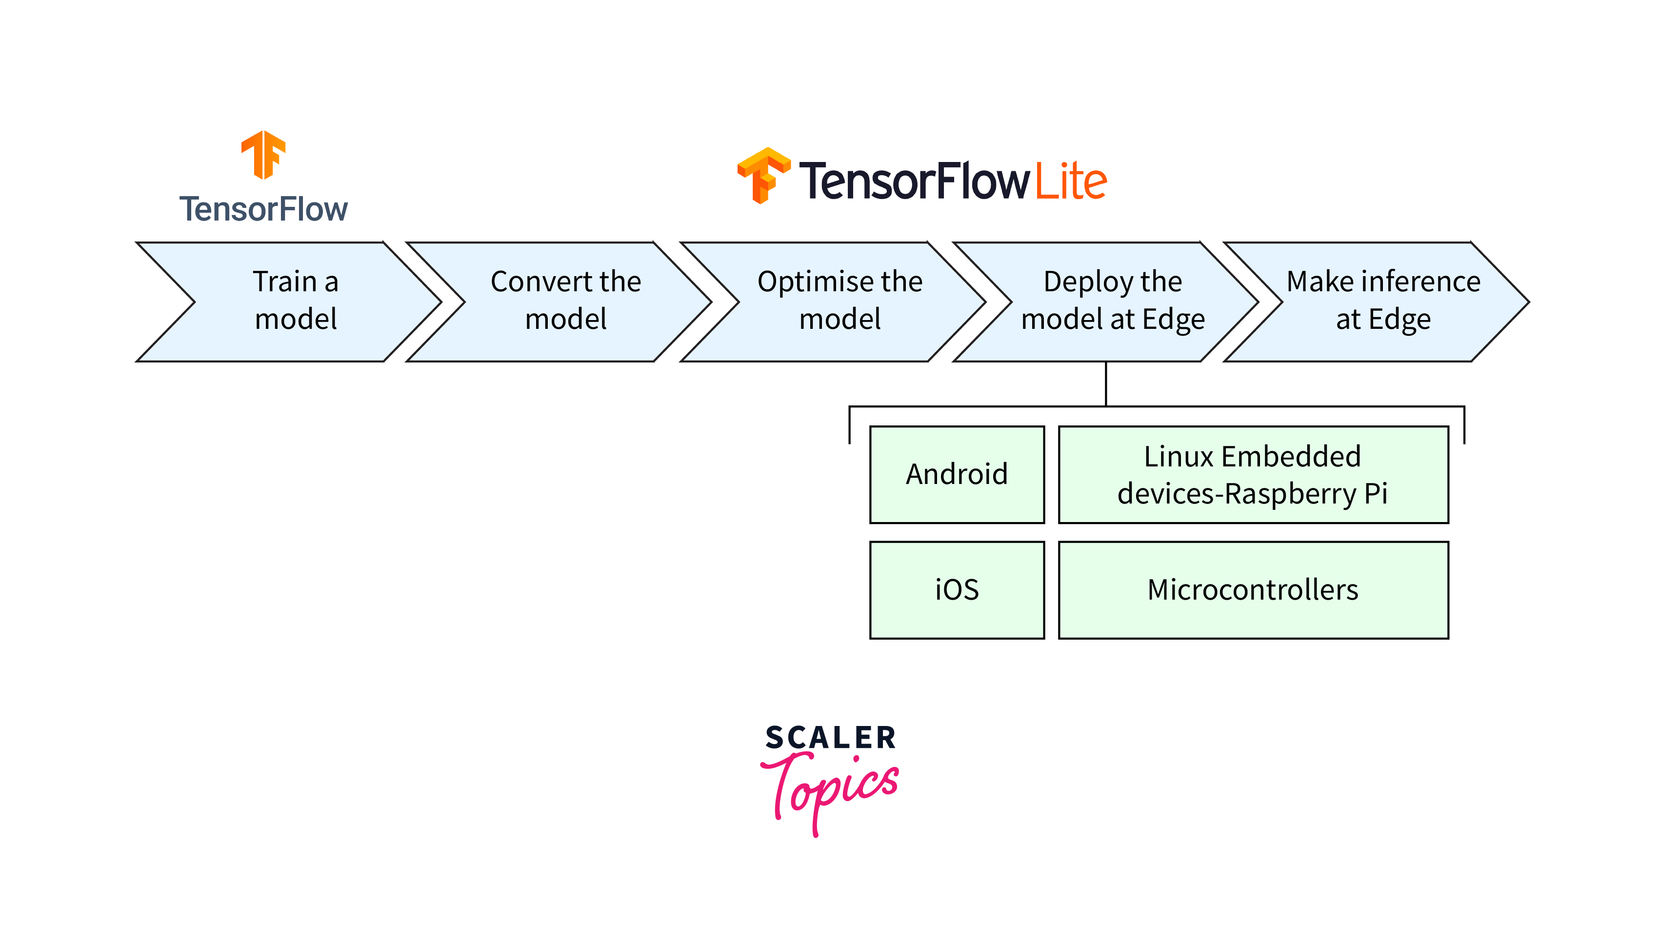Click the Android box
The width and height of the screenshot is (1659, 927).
957,475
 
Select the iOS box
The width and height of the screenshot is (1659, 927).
957,590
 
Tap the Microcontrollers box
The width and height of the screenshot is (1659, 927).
1253,590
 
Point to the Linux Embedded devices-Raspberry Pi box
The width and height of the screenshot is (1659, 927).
1253,475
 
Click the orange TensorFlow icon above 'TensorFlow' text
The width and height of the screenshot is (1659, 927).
263,155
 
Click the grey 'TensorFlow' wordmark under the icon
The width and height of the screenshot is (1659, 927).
263,209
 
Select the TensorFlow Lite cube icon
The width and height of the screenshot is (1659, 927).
764,175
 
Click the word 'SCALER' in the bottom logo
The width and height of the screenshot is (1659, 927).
831,738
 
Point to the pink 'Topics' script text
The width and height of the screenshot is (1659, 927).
831,789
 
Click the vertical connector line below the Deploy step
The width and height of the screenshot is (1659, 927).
1106,384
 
